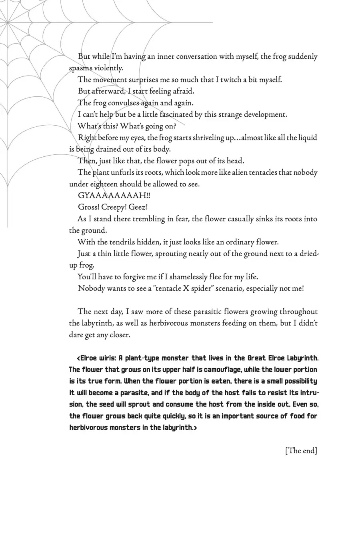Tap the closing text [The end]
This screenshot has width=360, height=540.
tap(301, 451)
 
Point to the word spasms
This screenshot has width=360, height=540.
tap(81, 68)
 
